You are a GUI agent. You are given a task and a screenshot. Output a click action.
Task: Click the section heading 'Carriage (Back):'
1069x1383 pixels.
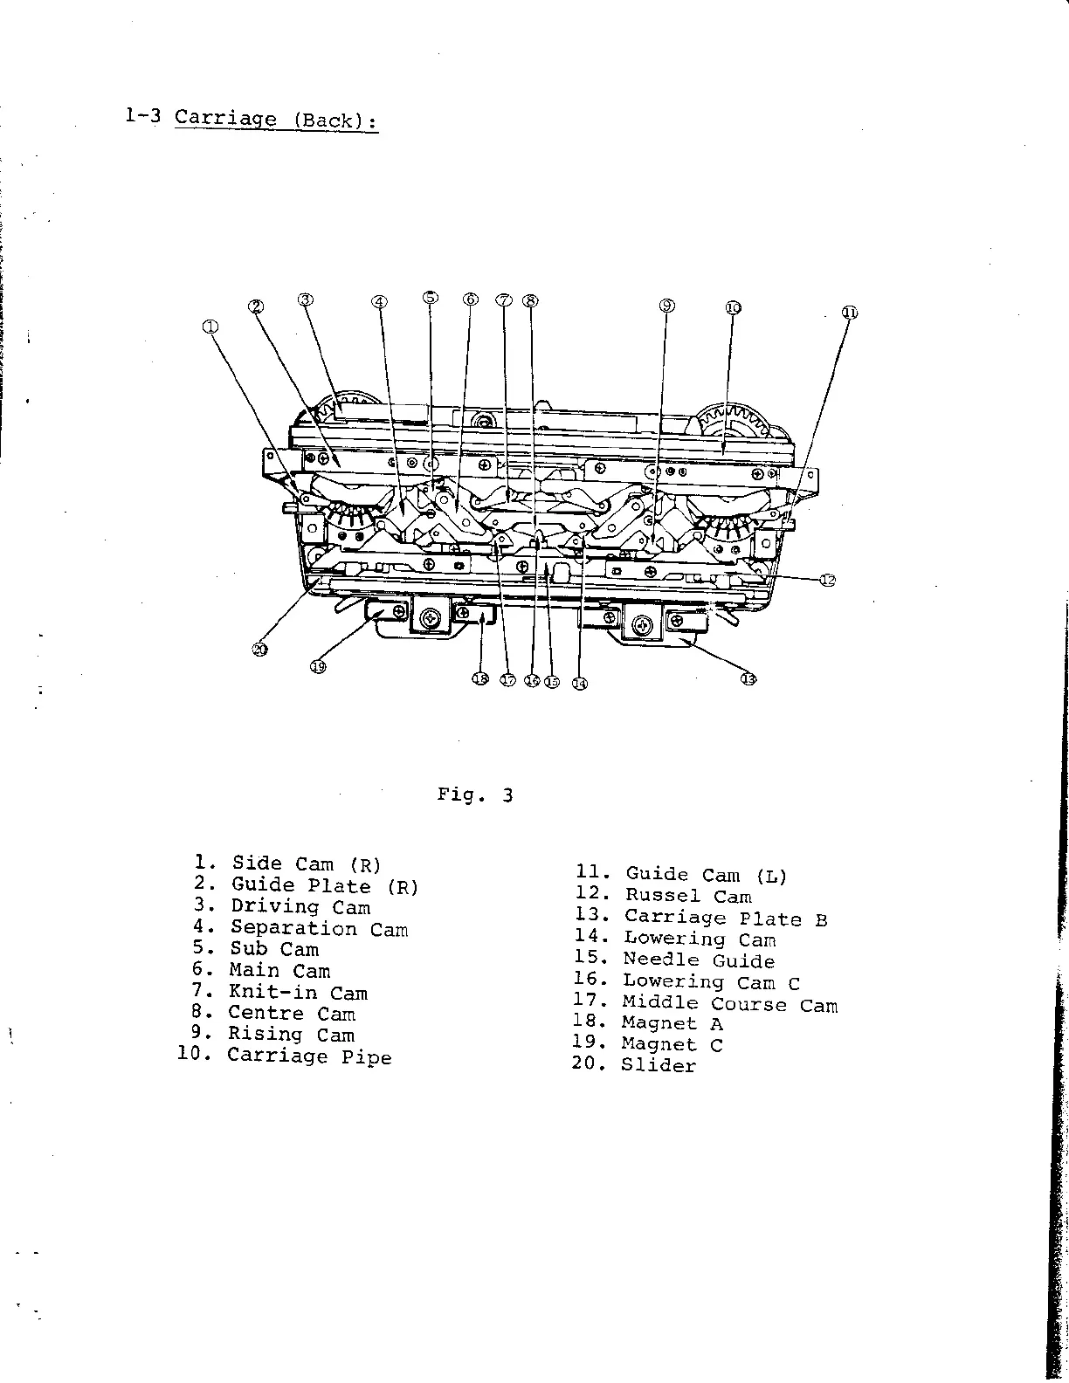pos(276,119)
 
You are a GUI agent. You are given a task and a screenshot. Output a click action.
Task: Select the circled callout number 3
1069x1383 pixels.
pos(305,299)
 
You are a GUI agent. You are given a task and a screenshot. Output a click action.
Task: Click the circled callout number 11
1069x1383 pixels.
pos(849,313)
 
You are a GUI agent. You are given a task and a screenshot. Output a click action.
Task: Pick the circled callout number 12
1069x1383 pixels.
pos(827,580)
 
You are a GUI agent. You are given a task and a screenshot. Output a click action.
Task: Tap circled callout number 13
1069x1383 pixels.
pos(748,680)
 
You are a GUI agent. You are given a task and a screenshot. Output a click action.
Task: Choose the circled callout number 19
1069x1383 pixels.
pos(317,667)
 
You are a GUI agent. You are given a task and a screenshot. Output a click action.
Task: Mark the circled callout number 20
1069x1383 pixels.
pos(259,648)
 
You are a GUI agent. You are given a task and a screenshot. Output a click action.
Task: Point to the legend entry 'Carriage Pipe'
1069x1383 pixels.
pos(309,1056)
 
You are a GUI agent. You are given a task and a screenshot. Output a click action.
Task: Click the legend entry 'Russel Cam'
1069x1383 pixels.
pos(687,896)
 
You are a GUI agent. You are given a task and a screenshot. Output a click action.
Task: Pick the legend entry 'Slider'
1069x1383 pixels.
pos(659,1065)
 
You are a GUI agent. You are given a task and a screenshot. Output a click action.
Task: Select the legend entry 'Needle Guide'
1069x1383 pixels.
pos(699,961)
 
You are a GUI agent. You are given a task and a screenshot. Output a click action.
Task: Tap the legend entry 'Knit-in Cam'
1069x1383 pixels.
pos(298,993)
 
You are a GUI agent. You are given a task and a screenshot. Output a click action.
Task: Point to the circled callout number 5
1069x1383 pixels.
pos(431,297)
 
